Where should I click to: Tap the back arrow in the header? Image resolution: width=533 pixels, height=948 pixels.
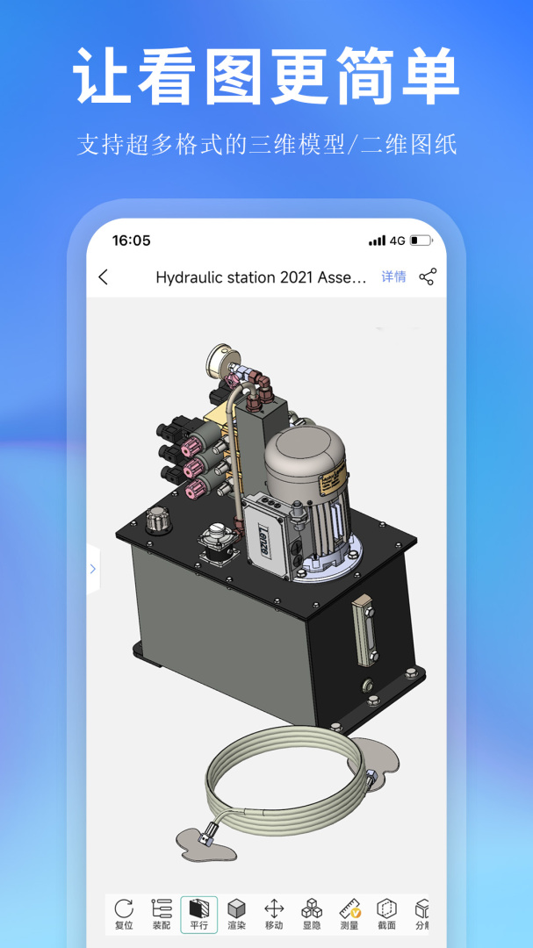tap(104, 277)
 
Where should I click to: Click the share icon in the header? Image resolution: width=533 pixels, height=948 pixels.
tap(428, 277)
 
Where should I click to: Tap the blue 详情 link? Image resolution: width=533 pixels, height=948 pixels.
tap(393, 277)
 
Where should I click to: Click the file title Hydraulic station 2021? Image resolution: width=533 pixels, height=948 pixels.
tap(261, 277)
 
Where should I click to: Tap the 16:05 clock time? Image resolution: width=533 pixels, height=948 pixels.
tap(131, 241)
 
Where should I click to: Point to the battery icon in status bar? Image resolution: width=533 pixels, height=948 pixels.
tap(420, 241)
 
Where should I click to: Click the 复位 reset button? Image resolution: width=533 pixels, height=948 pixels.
tap(124, 914)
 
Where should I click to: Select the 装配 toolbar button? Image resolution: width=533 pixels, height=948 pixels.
tap(162, 914)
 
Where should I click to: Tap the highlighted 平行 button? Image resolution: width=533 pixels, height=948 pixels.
tap(199, 914)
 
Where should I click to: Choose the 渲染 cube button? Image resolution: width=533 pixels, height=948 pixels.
tap(236, 914)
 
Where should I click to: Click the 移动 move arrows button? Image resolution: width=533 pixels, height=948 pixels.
tap(274, 914)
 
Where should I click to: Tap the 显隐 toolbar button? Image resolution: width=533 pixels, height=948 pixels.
tap(312, 914)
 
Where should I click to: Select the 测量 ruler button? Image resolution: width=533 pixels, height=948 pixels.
tap(349, 914)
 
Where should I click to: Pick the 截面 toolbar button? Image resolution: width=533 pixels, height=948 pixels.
tap(386, 914)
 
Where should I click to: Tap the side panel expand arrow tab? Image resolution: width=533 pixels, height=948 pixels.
tap(92, 569)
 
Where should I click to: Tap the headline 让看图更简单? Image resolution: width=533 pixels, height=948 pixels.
tap(266, 77)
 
